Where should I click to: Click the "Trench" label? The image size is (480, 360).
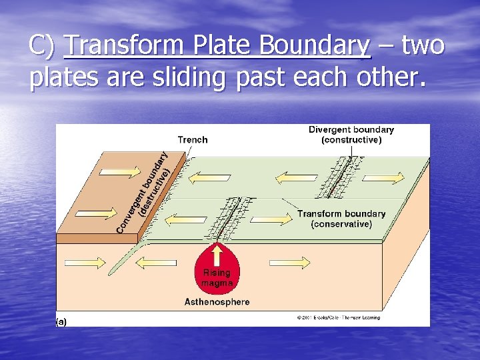pyautogui.click(x=193, y=139)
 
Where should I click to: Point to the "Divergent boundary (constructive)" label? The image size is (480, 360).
pyautogui.click(x=351, y=135)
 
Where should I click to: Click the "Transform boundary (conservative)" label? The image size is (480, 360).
pyautogui.click(x=341, y=219)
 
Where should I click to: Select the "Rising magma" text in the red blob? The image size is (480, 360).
pyautogui.click(x=217, y=277)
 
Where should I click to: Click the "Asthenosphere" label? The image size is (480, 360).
pyautogui.click(x=217, y=302)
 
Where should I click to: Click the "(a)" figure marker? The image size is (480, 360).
pyautogui.click(x=61, y=321)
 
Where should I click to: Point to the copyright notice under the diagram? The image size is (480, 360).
pyautogui.click(x=338, y=318)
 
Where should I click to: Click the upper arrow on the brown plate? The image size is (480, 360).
pyautogui.click(x=111, y=172)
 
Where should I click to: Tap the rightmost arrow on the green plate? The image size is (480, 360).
pyautogui.click(x=386, y=177)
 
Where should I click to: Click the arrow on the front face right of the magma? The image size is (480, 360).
pyautogui.click(x=290, y=262)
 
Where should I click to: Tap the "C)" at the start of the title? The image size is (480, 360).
pyautogui.click(x=42, y=46)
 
